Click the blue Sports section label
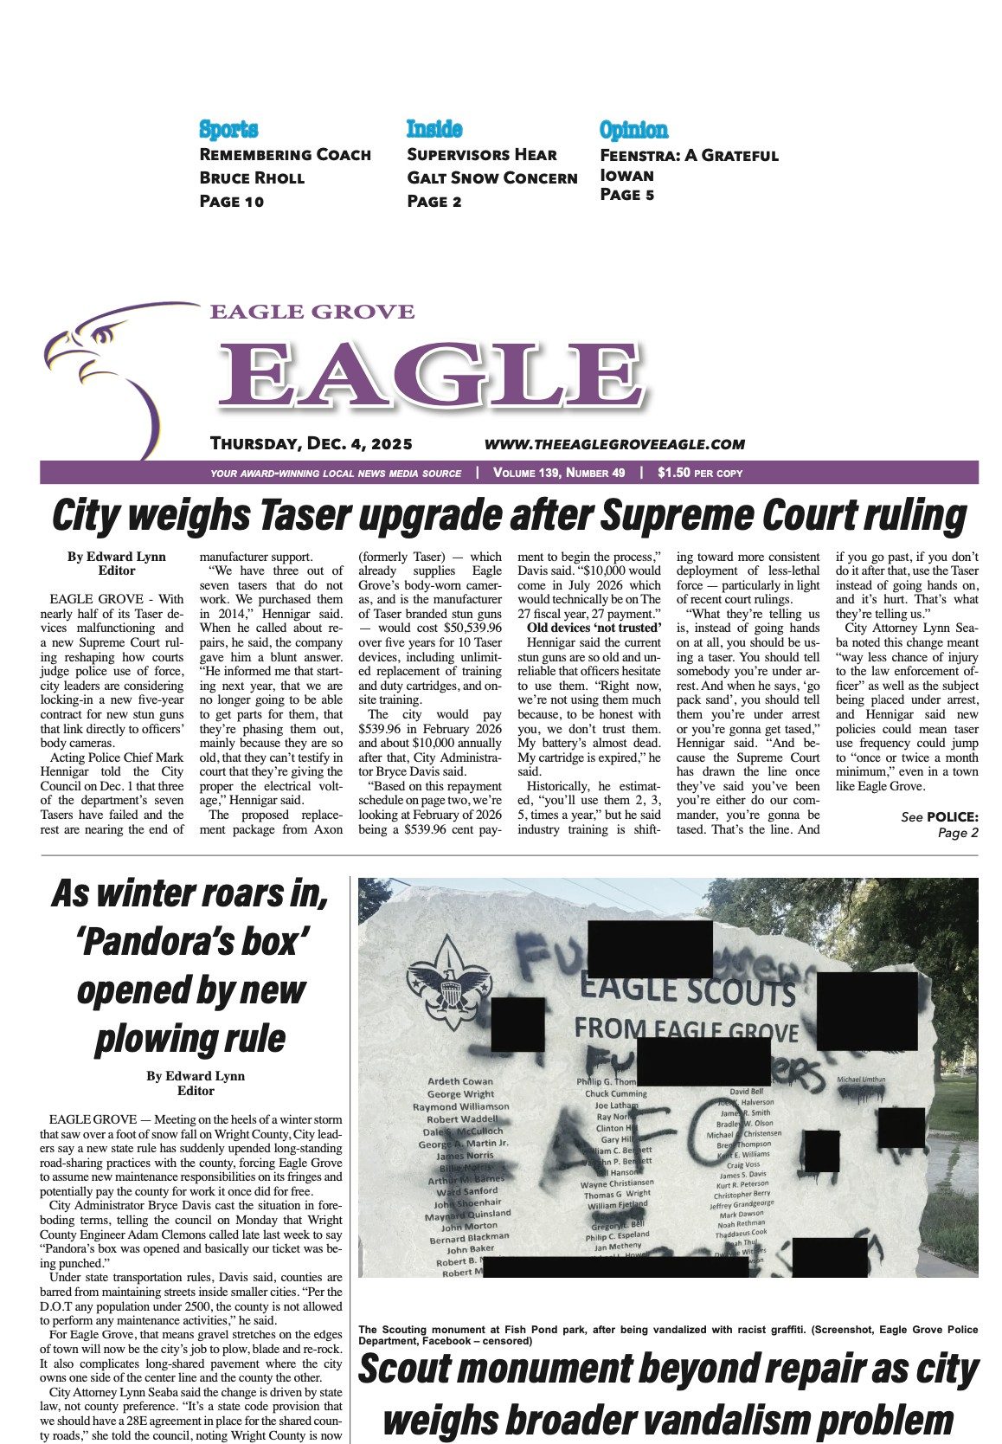pos(228,130)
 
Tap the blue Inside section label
pos(434,130)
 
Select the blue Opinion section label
pos(633,130)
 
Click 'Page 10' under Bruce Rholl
pos(231,202)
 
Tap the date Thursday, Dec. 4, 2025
pos(311,444)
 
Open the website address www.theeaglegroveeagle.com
pos(614,444)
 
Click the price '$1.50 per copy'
pos(699,474)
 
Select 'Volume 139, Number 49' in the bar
pos(559,474)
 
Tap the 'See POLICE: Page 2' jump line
pos(939,824)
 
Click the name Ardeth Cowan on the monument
pos(460,1081)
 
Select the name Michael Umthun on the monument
pos(861,1080)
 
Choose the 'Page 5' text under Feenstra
pos(626,195)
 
